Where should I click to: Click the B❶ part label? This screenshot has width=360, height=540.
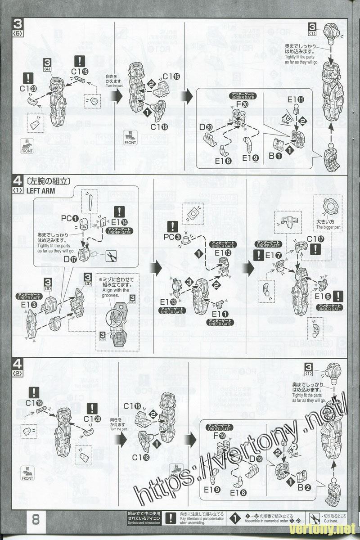pos(275,156)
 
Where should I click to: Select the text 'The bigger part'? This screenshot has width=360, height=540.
pos(328,228)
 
